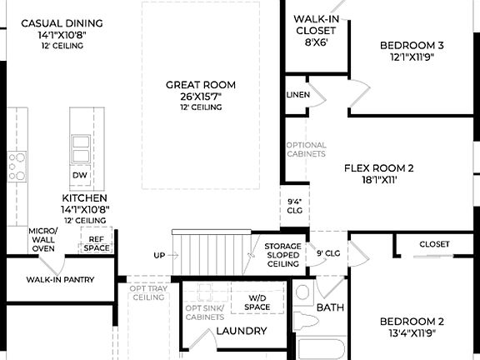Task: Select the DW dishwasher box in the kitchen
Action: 80,176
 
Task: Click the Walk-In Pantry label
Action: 59,280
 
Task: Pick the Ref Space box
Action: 96,242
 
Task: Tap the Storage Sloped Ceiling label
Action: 282,255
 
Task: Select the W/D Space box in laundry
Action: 257,302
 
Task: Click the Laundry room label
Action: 241,331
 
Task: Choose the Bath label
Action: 330,307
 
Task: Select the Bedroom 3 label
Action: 412,51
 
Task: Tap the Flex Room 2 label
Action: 379,172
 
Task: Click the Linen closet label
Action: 297,95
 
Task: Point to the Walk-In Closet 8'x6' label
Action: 316,29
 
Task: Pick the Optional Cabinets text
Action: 306,149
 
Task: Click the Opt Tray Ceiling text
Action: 148,292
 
